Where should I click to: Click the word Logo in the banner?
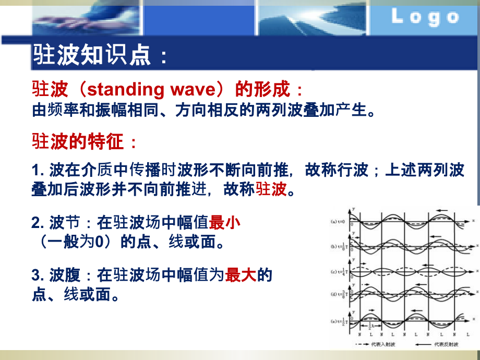(x=425, y=17)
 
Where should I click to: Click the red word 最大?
(x=241, y=275)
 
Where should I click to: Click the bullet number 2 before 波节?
(x=37, y=223)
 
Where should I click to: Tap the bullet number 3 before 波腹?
(x=37, y=275)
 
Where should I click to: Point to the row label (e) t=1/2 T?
(x=339, y=322)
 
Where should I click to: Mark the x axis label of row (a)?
(x=473, y=221)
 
